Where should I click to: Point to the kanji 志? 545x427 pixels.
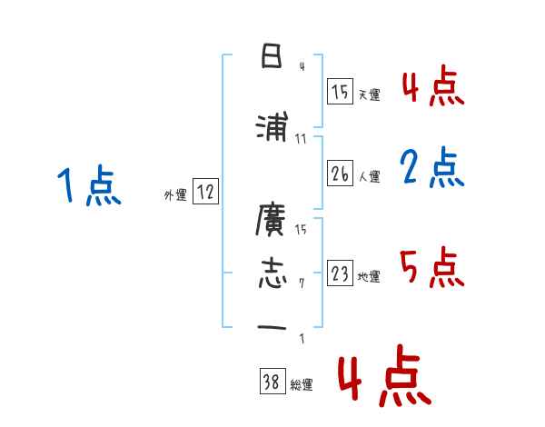coord(272,273)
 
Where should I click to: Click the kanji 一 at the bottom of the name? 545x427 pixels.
coord(272,328)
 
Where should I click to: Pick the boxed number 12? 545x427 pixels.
coord(205,192)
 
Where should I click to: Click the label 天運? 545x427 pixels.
coord(369,94)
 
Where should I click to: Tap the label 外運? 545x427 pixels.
coord(175,194)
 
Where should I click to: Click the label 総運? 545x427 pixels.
coord(302,385)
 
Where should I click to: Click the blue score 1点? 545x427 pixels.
coord(88,187)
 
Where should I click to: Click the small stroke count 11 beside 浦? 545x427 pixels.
coord(302,139)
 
